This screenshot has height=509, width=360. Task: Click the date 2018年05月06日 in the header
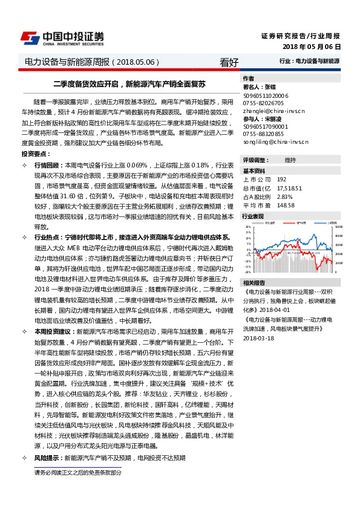click(312, 47)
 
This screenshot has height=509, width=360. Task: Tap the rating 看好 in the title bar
click(229, 62)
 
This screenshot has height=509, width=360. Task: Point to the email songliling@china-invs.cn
click(275, 141)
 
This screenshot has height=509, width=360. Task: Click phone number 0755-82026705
click(263, 103)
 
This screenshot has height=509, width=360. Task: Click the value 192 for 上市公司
click(281, 180)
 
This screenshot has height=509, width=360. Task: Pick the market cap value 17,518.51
click(289, 188)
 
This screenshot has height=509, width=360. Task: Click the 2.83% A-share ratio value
click(284, 196)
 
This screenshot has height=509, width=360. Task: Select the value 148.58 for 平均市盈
click(285, 205)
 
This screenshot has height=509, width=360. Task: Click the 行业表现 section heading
click(254, 216)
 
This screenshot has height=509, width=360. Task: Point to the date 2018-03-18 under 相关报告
click(258, 338)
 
